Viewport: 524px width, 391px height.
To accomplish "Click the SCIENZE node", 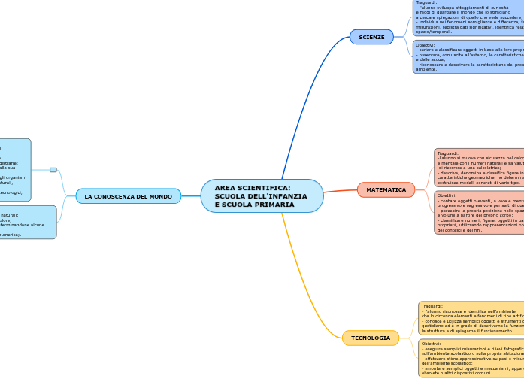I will [x=371, y=37].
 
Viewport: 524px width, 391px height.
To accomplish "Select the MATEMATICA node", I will [x=386, y=190].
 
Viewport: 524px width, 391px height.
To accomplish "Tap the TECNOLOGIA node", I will [x=371, y=338].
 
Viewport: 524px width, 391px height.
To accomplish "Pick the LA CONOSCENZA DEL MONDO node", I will [x=128, y=196].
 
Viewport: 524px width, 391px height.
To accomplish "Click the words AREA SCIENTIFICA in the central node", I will [x=252, y=188].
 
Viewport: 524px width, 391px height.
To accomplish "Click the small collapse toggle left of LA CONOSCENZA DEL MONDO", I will [x=53, y=170].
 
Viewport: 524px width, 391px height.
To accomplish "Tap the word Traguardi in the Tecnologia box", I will [x=432, y=306].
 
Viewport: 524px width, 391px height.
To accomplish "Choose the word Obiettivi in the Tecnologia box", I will [x=432, y=343].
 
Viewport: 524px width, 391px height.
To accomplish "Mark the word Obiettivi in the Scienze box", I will [x=426, y=44].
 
